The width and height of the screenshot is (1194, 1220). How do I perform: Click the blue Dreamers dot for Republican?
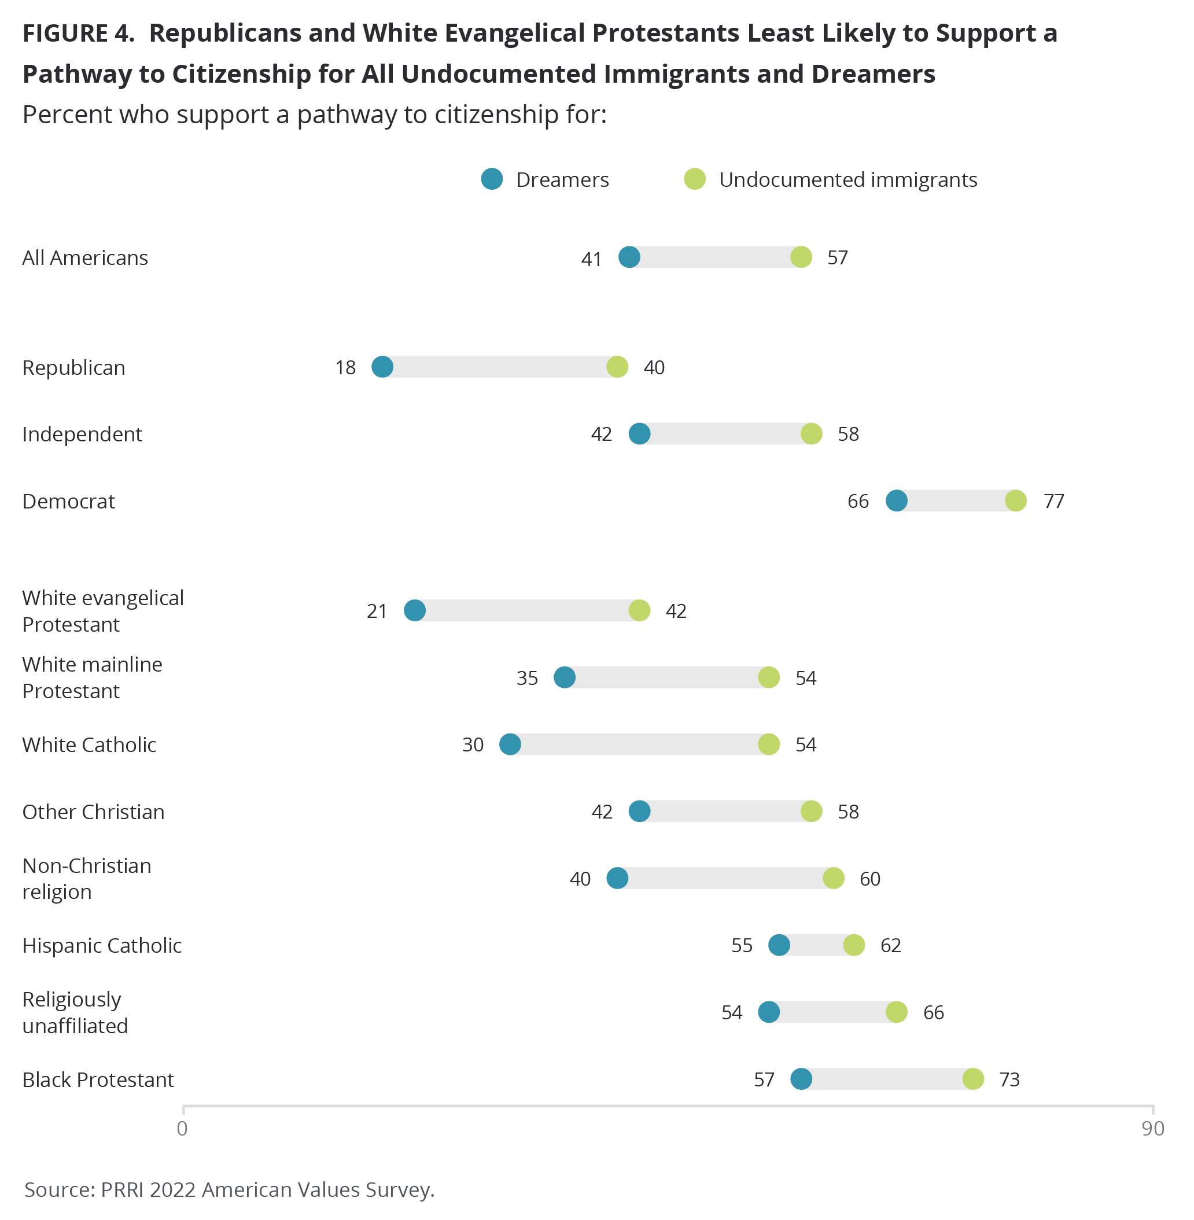coord(382,367)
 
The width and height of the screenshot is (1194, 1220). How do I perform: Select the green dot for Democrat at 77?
coord(1015,500)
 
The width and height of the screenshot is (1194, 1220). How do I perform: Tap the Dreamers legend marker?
coord(492,179)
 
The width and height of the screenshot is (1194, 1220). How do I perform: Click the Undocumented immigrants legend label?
coord(847,180)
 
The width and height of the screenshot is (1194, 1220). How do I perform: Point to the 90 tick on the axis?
coord(1152,1128)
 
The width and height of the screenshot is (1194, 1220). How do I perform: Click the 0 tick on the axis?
coord(182,1128)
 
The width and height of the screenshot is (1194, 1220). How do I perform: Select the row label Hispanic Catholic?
coord(102,945)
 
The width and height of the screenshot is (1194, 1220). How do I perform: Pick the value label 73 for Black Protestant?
coord(1009,1079)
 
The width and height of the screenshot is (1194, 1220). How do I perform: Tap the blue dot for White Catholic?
coord(510,744)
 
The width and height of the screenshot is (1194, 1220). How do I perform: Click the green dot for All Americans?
coord(801,257)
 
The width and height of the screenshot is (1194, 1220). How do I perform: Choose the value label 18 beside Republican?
coord(345,367)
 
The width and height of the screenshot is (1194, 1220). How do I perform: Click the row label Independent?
coord(82,434)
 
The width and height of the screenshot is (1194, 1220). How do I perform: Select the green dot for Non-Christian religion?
coord(833,878)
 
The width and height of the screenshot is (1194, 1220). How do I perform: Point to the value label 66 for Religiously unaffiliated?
coord(933,1012)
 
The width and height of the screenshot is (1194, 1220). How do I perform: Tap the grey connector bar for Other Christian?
coord(725,811)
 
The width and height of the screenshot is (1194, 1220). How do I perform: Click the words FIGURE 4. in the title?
coord(79,33)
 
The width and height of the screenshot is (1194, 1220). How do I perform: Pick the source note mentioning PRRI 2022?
coord(229,1189)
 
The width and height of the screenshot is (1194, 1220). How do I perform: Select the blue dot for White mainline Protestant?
coord(565,677)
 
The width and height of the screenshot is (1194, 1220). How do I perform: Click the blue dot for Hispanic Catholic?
coord(779,945)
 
